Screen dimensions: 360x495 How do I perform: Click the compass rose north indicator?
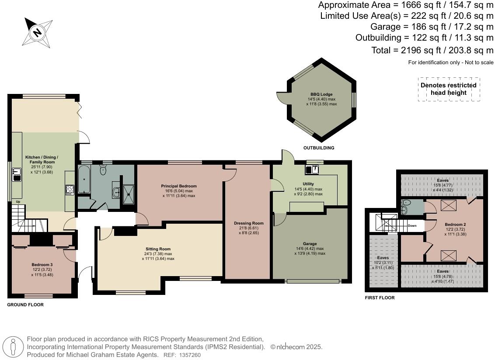click(x=38, y=32)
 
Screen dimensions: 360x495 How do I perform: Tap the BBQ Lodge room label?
click(x=321, y=94)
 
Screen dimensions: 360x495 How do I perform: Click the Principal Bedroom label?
click(x=179, y=186)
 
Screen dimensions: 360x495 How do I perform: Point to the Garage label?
click(x=310, y=244)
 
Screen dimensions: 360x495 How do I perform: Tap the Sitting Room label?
click(x=158, y=249)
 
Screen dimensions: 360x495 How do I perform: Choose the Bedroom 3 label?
click(x=42, y=265)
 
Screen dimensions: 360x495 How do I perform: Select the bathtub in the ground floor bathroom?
click(x=84, y=180)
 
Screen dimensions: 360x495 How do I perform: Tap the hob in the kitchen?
click(x=70, y=189)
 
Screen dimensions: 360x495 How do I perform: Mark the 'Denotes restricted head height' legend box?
click(x=449, y=89)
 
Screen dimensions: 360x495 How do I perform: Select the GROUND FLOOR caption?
click(x=25, y=305)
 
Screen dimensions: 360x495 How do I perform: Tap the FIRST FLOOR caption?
click(x=380, y=298)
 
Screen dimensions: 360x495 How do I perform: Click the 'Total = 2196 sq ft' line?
click(x=432, y=50)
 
